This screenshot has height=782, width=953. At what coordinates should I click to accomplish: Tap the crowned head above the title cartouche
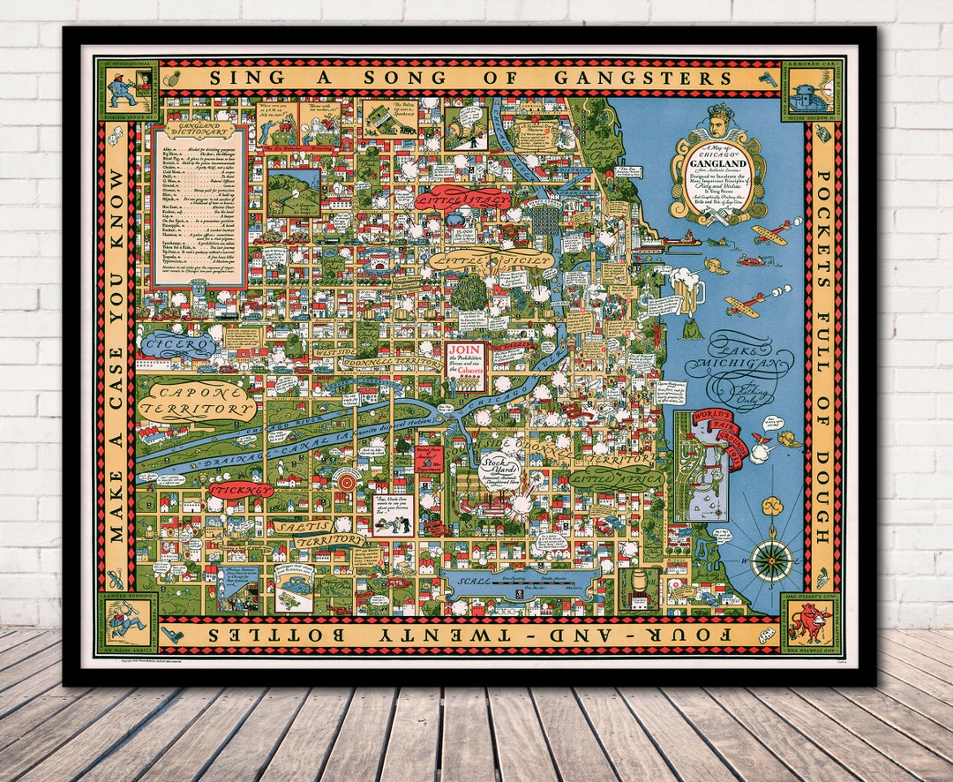pos(716,123)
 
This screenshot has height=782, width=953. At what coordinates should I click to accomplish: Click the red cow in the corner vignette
pos(811,620)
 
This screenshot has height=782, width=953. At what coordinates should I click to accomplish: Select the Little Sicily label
pos(490,259)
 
